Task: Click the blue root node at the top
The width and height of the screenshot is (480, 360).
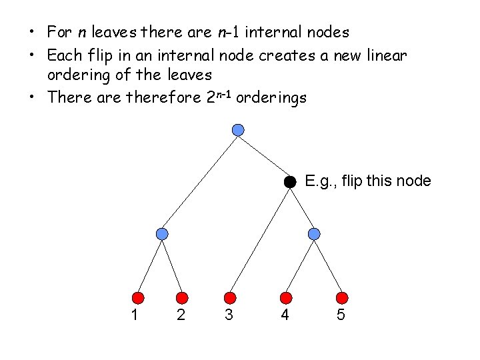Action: point(238,129)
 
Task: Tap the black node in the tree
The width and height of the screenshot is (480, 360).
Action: point(289,181)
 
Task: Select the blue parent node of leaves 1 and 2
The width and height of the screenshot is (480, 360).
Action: point(162,233)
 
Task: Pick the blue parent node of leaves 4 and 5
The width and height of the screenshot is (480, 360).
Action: point(315,233)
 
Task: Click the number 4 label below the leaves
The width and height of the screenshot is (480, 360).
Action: point(285,315)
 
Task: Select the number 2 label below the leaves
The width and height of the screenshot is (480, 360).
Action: point(181,315)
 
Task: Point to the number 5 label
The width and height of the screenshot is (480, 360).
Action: point(341,315)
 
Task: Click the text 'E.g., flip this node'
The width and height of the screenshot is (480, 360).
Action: point(367,181)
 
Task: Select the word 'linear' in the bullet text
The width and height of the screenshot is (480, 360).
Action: point(387,56)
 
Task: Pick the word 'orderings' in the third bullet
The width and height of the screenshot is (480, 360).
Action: point(271,97)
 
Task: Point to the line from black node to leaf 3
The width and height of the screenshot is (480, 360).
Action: point(259,239)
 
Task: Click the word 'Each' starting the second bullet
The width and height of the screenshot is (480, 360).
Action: point(64,56)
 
